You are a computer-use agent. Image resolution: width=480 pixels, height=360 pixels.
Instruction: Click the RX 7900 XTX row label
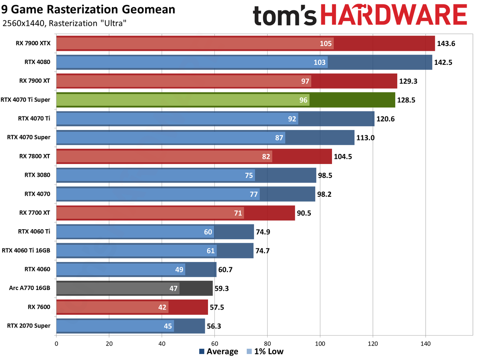34,44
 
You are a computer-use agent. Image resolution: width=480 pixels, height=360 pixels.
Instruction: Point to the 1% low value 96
304,100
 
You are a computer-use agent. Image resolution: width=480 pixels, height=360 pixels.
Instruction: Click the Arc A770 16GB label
30,288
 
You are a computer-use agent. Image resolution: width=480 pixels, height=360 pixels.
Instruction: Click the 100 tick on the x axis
320,343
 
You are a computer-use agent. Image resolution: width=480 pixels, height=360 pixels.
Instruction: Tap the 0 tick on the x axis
56,343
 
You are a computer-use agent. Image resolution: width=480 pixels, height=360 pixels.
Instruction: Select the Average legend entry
218,352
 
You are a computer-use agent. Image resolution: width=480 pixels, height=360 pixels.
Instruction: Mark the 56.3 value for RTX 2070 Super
213,326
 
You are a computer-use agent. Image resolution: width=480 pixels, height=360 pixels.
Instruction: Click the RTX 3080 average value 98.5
326,175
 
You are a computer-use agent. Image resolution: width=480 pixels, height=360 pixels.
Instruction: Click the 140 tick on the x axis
425,343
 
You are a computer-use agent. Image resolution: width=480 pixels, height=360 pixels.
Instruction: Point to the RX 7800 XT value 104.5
343,156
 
